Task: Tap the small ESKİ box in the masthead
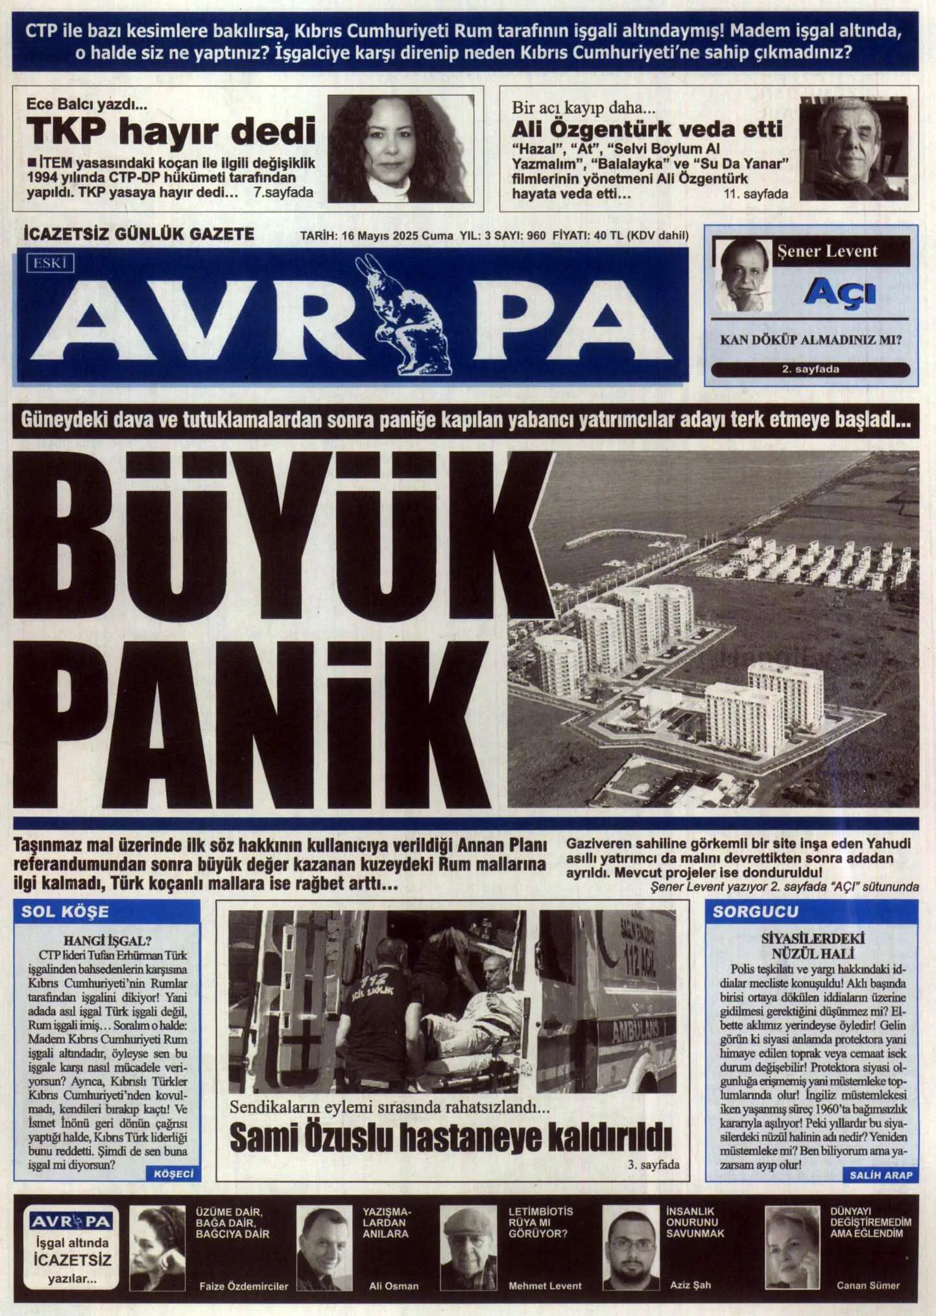click(50, 263)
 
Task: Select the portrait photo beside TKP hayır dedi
click(400, 149)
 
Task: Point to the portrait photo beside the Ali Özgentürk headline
click(853, 148)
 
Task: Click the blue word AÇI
click(840, 292)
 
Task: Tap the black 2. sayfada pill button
click(810, 369)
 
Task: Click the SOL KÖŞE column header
click(65, 911)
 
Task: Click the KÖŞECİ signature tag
click(174, 1174)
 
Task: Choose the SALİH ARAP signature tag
click(881, 1175)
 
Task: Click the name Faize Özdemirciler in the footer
click(243, 1286)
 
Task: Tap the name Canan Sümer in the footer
click(868, 1285)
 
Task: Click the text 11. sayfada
click(756, 193)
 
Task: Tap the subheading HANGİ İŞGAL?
click(107, 940)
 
